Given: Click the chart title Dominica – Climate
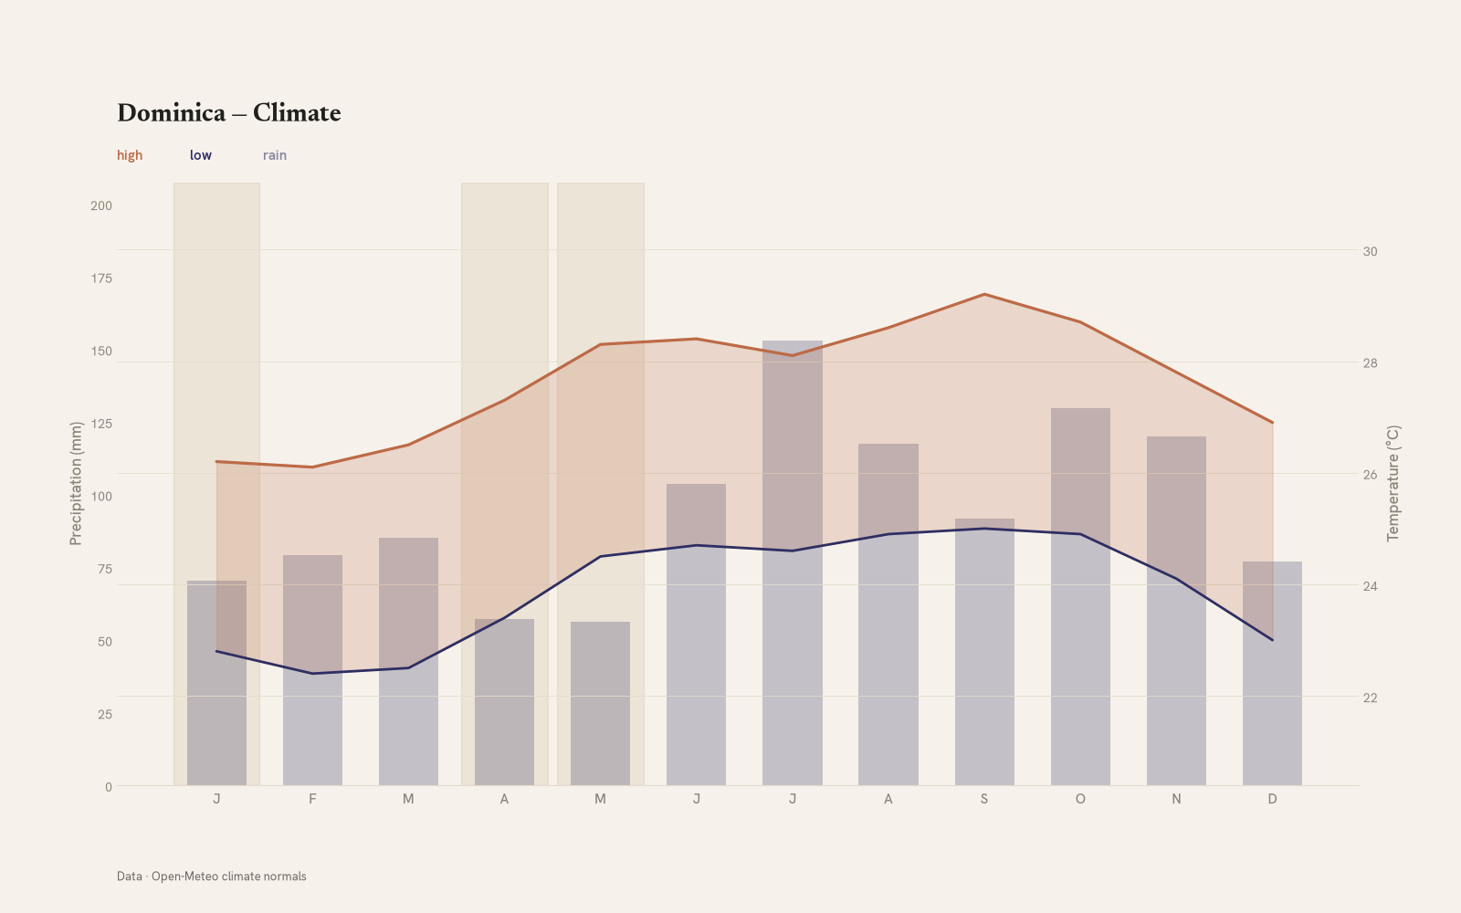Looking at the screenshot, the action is coord(229,113).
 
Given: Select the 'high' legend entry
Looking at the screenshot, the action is coord(130,155).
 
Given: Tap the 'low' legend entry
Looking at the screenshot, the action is coord(201,155).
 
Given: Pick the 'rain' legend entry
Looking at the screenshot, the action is coord(275,155).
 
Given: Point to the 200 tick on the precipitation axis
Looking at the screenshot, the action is coord(101,206).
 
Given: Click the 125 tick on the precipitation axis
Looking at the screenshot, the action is coord(101,424).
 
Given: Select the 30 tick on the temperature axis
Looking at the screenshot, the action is coord(1371,252).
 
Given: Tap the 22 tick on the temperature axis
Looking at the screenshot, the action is coord(1371,698).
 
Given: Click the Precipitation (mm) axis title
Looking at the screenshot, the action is coord(76,483).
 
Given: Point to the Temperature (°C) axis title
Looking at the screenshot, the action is coord(1393,483).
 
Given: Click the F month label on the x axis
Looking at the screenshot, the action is coord(312,799).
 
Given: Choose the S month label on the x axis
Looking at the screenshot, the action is coord(984,799).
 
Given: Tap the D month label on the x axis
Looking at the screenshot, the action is coord(1272,799).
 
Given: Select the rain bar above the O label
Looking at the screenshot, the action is coord(1080,597).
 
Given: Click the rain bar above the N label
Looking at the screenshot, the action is coord(1176,611).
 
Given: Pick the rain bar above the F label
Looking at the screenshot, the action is coord(312,670).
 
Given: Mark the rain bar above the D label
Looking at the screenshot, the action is coord(1272,674).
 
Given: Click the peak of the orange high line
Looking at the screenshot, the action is coord(984,294).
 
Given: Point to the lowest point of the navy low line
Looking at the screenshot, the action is coord(312,673).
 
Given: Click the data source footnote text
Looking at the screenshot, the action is coord(211,876).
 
